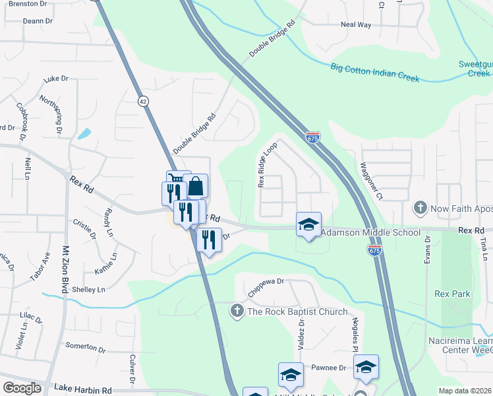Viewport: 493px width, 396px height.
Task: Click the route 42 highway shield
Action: click(143, 100)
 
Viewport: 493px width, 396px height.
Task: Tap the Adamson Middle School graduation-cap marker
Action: click(308, 224)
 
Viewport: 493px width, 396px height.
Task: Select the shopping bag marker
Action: click(196, 187)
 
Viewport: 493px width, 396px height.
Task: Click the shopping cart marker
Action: click(178, 181)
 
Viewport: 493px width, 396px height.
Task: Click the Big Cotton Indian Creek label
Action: click(375, 72)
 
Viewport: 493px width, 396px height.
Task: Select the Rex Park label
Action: click(453, 294)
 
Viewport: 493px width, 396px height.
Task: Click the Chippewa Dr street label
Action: click(266, 286)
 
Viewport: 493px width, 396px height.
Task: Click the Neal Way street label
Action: click(356, 24)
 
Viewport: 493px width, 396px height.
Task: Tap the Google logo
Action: click(22, 388)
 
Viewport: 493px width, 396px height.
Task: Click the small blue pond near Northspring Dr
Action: click(84, 133)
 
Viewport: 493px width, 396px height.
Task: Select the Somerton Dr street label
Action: click(86, 347)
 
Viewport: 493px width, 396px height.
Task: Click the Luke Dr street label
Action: click(56, 79)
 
